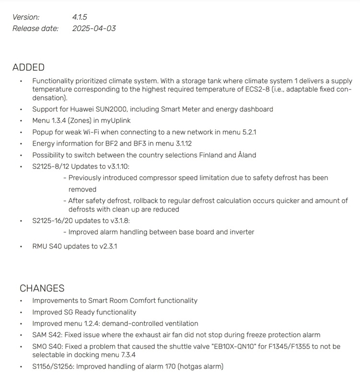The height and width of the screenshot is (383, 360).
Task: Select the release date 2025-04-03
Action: click(94, 28)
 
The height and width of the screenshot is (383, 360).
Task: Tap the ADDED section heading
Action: click(28, 68)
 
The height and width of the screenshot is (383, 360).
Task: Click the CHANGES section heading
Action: click(42, 288)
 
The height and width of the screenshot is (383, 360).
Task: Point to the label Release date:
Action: click(35, 28)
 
